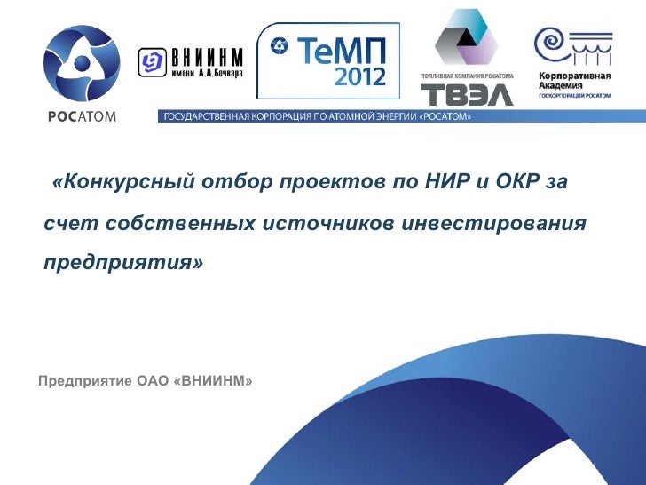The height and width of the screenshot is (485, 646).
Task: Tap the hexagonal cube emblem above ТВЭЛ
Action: pyautogui.click(x=466, y=39)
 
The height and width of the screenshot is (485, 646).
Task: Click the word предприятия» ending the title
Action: pyautogui.click(x=124, y=264)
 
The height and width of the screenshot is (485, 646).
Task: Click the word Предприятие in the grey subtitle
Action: pyautogui.click(x=85, y=382)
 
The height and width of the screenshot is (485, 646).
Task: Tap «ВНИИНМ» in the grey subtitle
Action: pyautogui.click(x=215, y=382)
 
